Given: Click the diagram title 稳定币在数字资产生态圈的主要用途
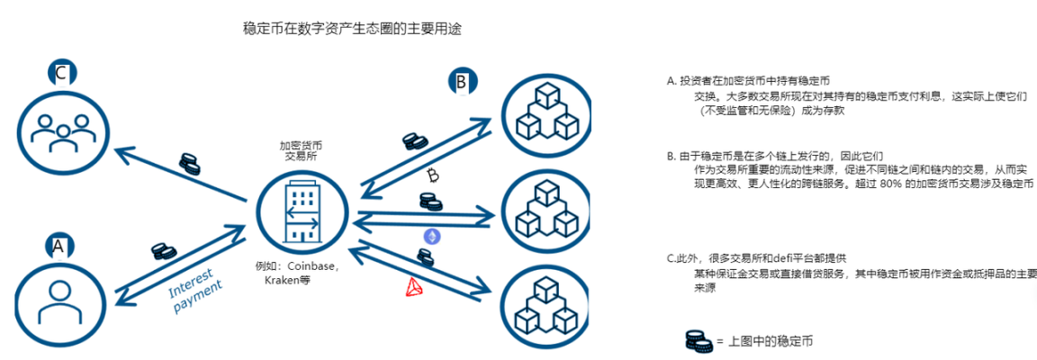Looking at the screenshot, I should pyautogui.click(x=353, y=29).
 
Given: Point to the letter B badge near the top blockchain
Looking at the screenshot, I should pyautogui.click(x=461, y=84).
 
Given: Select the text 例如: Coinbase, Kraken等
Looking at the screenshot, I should pyautogui.click(x=301, y=273).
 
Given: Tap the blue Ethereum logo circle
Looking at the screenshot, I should pyautogui.click(x=433, y=236).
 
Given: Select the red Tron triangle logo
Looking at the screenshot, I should pyautogui.click(x=413, y=286).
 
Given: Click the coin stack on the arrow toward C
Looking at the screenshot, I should pyautogui.click(x=189, y=164).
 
